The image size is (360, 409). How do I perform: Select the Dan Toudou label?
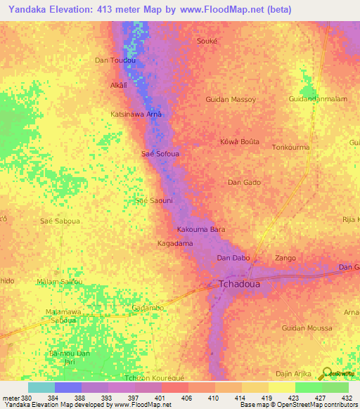pyautogui.click(x=115, y=60)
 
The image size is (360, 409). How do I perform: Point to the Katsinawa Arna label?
pyautogui.click(x=136, y=114)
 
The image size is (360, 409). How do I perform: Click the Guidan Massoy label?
pyautogui.click(x=231, y=100)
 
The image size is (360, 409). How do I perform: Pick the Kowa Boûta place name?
pyautogui.click(x=240, y=141)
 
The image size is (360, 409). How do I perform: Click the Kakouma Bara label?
pyautogui.click(x=200, y=229)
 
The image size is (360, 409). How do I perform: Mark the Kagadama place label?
pyautogui.click(x=174, y=243)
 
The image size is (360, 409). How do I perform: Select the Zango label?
pyautogui.click(x=285, y=258)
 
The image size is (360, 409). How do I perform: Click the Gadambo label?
pyautogui.click(x=148, y=308)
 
